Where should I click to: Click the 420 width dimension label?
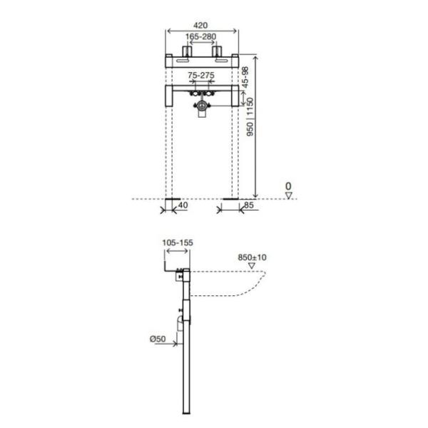coord(200,26)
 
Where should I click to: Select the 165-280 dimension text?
coord(200,36)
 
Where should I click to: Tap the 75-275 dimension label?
coord(201,75)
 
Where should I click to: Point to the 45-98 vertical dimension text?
coord(245,77)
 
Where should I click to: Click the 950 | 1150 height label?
coord(250,117)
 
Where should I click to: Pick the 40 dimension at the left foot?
coord(183,205)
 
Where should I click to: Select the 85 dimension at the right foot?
coord(249,205)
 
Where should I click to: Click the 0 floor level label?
coord(288,186)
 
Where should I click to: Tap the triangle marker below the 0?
coord(288,195)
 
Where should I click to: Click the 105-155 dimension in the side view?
coord(178,243)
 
